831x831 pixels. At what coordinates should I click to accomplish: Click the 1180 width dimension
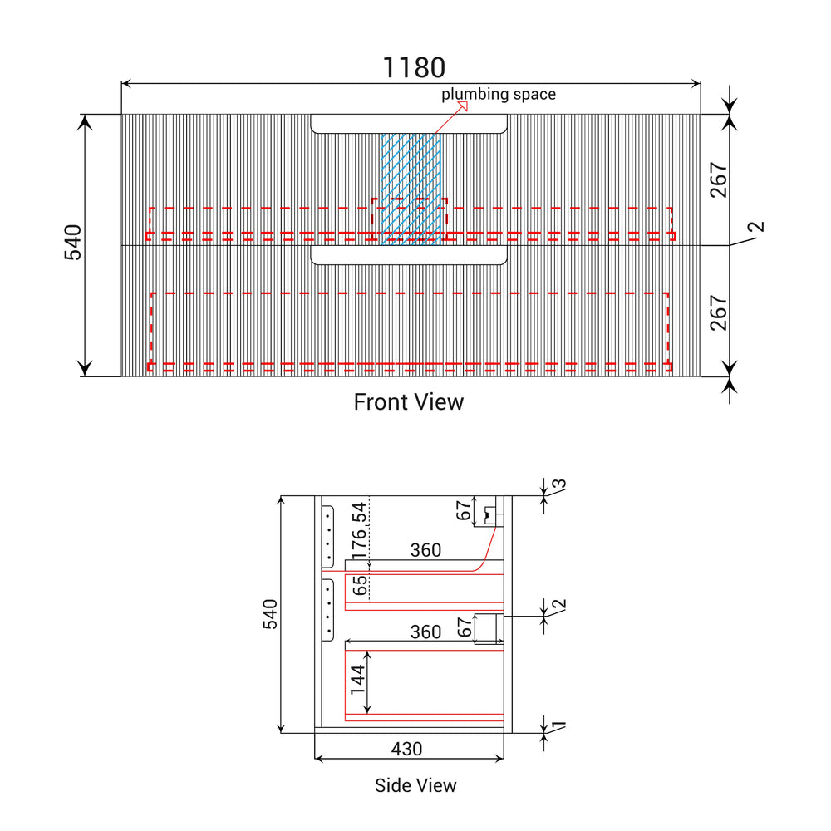click(x=414, y=67)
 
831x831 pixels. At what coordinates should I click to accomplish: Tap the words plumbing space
click(x=498, y=95)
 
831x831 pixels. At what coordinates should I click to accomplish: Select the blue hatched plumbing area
click(x=411, y=189)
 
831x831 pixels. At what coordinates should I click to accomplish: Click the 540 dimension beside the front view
click(x=73, y=242)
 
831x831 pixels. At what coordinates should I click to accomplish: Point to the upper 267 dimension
click(x=719, y=180)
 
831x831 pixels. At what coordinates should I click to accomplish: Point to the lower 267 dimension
click(x=719, y=313)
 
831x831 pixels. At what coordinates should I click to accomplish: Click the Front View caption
click(x=409, y=401)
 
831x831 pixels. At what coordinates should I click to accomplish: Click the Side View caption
click(x=415, y=785)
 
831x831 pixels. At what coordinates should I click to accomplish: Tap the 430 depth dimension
click(x=406, y=749)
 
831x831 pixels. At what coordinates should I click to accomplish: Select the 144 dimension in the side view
click(x=357, y=680)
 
